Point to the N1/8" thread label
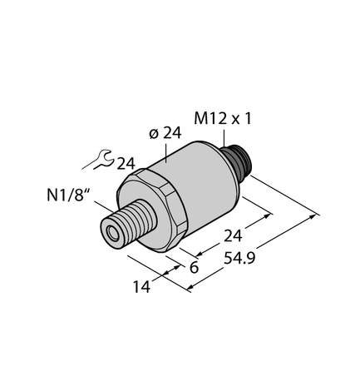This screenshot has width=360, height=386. point(66,198)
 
